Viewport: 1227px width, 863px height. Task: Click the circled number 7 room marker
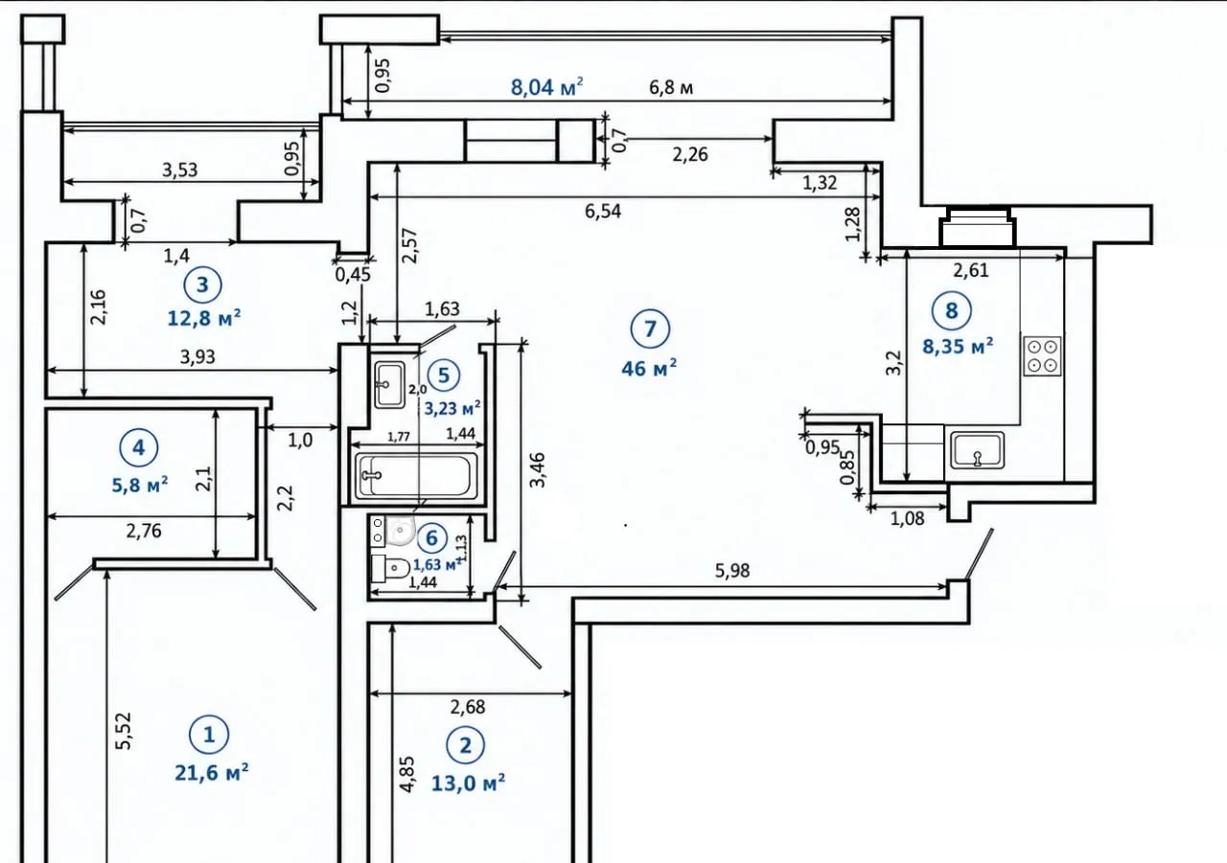pos(650,329)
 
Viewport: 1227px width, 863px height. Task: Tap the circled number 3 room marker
pos(202,284)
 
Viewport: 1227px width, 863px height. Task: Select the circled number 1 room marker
pos(209,735)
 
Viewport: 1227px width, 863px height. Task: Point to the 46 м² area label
pos(649,368)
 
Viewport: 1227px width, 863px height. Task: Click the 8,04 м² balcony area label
pos(546,87)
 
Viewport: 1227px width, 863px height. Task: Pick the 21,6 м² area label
pos(212,773)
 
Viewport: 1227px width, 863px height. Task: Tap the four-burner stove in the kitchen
pos(1042,356)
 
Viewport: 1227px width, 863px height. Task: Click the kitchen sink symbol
pos(977,450)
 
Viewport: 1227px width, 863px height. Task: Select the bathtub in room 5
pos(415,474)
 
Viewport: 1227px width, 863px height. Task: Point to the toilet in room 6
pos(390,568)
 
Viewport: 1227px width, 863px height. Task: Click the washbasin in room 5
pos(389,384)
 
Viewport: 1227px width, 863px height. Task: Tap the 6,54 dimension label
pos(603,212)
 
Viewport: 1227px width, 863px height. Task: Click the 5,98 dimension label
pos(732,571)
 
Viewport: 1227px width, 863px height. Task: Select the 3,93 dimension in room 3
pos(197,357)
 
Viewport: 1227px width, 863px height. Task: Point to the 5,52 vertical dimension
pos(125,731)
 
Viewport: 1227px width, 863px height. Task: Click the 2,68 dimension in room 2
pos(468,707)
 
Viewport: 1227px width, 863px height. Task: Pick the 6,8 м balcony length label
pos(671,87)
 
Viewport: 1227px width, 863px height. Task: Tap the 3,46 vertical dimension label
pos(538,469)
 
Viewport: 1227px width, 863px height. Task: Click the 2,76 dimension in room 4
pos(144,531)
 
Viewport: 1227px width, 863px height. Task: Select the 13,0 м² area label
pos(469,784)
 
